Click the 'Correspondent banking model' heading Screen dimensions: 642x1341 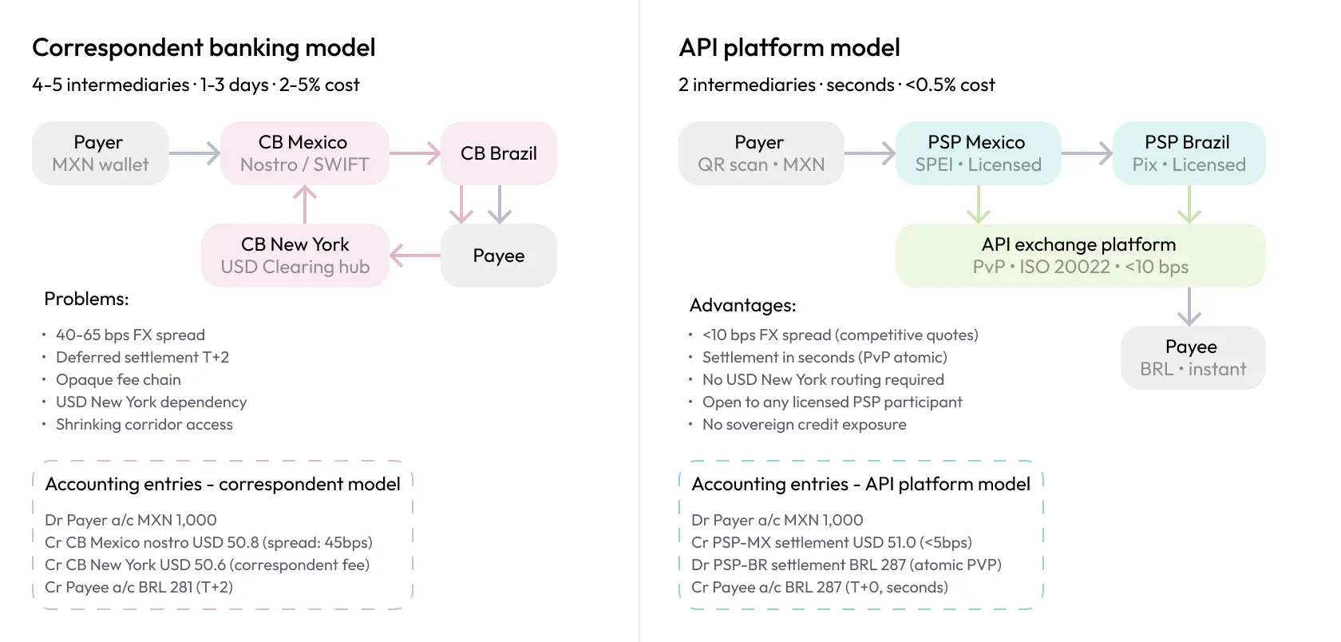pos(204,48)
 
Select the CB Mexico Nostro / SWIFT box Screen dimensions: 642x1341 pos(304,153)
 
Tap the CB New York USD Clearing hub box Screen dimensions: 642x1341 pos(295,256)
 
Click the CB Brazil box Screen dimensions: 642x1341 pos(498,153)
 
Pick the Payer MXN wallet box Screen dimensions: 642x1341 pos(100,153)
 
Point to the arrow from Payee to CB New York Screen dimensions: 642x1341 pos(415,256)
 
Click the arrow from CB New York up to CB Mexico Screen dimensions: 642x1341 pos(305,204)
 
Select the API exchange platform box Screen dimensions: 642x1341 pos(1079,256)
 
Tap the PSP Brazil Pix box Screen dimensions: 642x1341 pos(1188,153)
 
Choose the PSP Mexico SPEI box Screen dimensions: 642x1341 pos(978,153)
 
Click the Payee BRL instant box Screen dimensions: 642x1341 pos(1192,358)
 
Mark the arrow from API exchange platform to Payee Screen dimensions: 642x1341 pos(1189,307)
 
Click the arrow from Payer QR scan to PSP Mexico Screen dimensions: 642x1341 pos(870,153)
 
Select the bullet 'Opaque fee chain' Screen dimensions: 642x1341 pos(118,380)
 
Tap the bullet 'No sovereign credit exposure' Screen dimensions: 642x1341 pos(804,425)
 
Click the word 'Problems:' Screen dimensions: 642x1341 pos(86,299)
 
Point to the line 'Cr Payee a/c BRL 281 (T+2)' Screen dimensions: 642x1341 pos(139,588)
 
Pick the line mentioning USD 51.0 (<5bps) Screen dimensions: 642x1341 pos(831,543)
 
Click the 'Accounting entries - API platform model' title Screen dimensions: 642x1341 pos(860,485)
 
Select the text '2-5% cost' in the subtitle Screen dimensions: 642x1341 pos(319,85)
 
